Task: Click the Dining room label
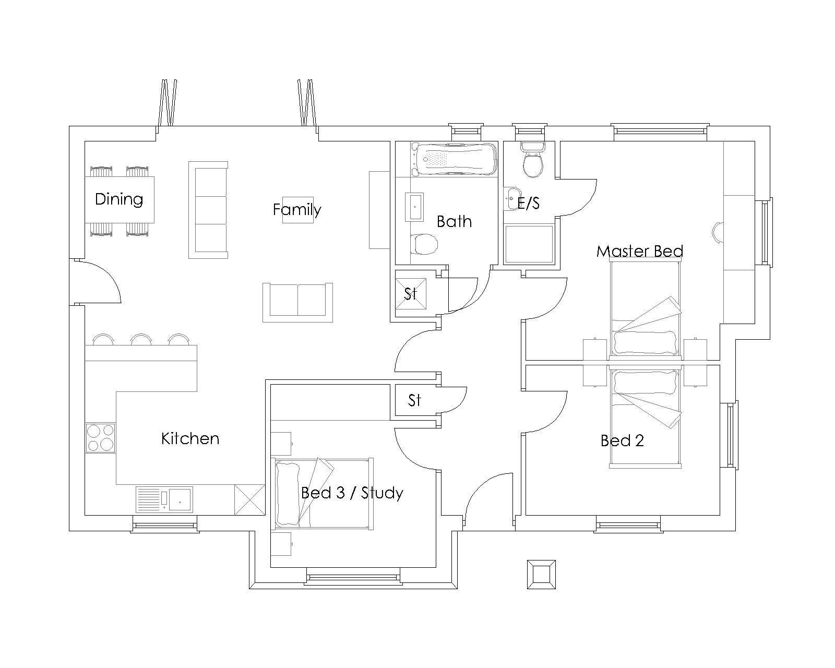click(119, 199)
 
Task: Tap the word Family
click(297, 210)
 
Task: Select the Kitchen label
click(190, 438)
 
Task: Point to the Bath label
click(454, 222)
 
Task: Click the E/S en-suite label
click(529, 203)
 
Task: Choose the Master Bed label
click(640, 251)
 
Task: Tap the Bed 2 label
click(622, 440)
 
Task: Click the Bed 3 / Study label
click(352, 493)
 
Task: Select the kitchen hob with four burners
click(100, 437)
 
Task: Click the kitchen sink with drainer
click(164, 499)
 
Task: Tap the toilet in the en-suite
click(533, 160)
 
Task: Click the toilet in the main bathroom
click(424, 244)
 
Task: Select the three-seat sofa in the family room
click(208, 210)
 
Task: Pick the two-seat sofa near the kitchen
click(297, 302)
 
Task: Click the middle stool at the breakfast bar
click(141, 339)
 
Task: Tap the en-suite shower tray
click(529, 244)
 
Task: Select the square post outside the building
click(541, 575)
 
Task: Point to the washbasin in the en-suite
click(512, 199)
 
